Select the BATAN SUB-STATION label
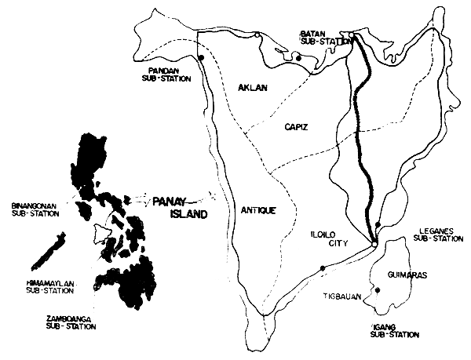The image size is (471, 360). (319, 38)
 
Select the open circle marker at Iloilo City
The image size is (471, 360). (374, 243)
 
